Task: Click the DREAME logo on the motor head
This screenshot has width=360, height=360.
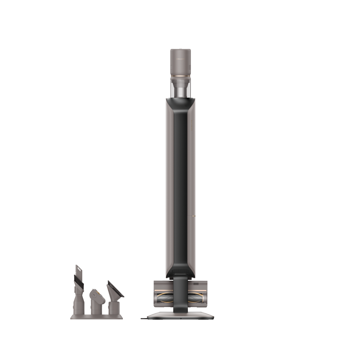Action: [x=180, y=57]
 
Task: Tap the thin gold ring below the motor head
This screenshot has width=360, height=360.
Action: [x=180, y=77]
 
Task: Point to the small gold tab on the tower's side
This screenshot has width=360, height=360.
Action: [x=194, y=216]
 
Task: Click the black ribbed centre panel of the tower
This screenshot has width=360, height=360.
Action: [x=180, y=183]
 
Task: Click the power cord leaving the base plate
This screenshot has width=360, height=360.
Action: [x=144, y=318]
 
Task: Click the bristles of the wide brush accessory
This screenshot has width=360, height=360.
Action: [x=116, y=288]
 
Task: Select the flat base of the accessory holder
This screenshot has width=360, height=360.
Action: [x=97, y=317]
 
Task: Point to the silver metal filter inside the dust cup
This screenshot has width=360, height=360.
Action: [x=180, y=92]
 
